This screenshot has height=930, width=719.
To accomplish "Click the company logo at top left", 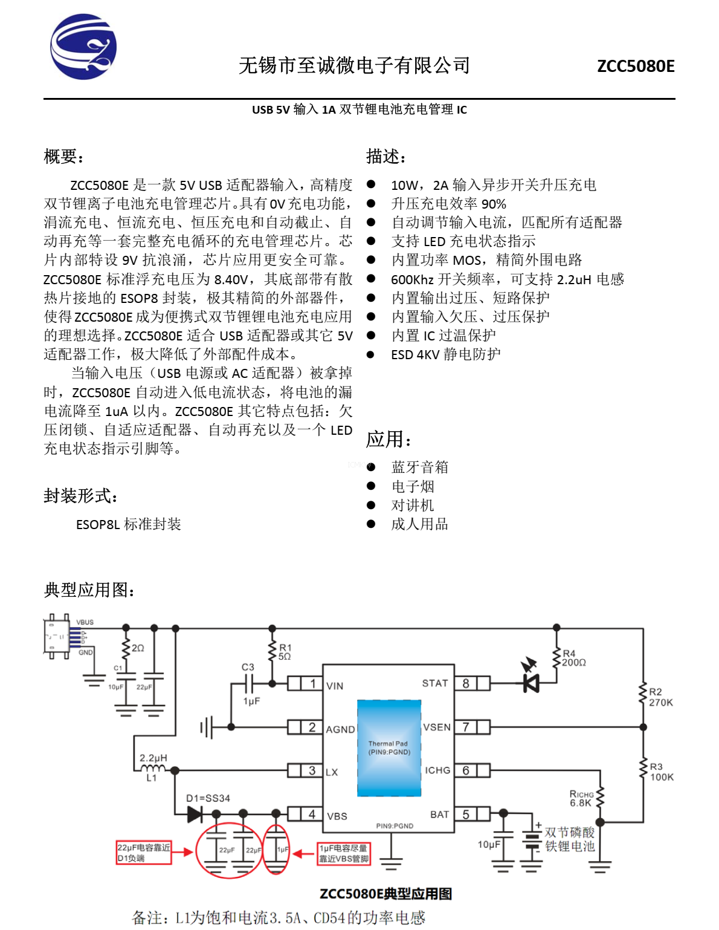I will [x=83, y=47].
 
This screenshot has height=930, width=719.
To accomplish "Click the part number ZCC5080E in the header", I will [x=636, y=66].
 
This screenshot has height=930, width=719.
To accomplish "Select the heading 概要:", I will [x=63, y=157].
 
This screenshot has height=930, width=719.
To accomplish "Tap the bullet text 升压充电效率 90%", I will [x=448, y=204].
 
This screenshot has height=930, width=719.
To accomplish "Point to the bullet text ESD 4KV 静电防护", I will [x=445, y=354].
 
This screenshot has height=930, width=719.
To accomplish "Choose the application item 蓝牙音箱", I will [x=419, y=467].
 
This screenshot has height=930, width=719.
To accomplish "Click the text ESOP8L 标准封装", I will [x=128, y=524].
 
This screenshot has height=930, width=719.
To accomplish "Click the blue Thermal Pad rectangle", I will [x=389, y=748].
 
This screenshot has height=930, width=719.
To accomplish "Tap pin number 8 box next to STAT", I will [x=466, y=683].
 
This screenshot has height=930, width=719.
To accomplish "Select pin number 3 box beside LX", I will [x=312, y=770].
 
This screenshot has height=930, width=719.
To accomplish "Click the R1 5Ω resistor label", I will [x=285, y=652].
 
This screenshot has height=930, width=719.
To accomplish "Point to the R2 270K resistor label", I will [x=660, y=697].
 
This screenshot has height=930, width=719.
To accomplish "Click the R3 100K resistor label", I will [x=661, y=772].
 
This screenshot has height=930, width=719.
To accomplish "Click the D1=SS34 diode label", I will [x=208, y=798].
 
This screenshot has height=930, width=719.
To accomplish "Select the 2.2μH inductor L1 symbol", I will [x=152, y=769].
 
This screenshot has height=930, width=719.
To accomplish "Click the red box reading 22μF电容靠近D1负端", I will [x=144, y=853].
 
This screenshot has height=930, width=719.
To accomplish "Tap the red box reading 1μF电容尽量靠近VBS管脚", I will [x=344, y=853].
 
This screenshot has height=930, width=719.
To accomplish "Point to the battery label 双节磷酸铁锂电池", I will [x=569, y=839].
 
